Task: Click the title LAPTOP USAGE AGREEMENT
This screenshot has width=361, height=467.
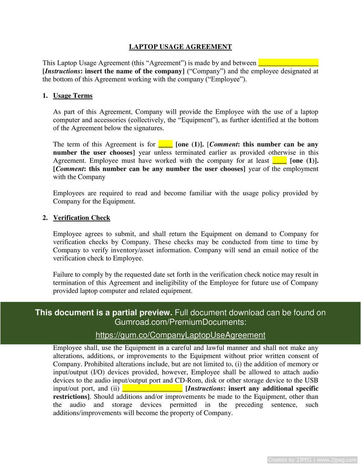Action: pos(180,47)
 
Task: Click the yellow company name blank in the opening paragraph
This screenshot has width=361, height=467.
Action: pos(288,63)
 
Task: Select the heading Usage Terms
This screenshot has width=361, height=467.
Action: pos(73,95)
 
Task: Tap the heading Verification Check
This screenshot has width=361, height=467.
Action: pos(82,218)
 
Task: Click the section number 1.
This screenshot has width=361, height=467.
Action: pos(45,95)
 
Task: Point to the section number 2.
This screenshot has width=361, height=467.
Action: pos(45,218)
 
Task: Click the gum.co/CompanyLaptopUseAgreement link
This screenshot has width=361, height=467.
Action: pos(180,335)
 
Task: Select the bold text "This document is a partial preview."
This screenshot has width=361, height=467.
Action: pos(104,312)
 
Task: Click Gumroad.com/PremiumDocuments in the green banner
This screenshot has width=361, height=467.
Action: pos(180,322)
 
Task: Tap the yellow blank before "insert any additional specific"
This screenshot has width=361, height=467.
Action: pos(152,388)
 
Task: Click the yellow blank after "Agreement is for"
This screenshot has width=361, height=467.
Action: pos(165,144)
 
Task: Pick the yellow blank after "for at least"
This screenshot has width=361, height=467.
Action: pos(279,160)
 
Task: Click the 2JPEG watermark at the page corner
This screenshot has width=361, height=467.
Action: pos(312,459)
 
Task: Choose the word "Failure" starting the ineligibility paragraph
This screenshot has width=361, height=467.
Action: pos(63,275)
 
